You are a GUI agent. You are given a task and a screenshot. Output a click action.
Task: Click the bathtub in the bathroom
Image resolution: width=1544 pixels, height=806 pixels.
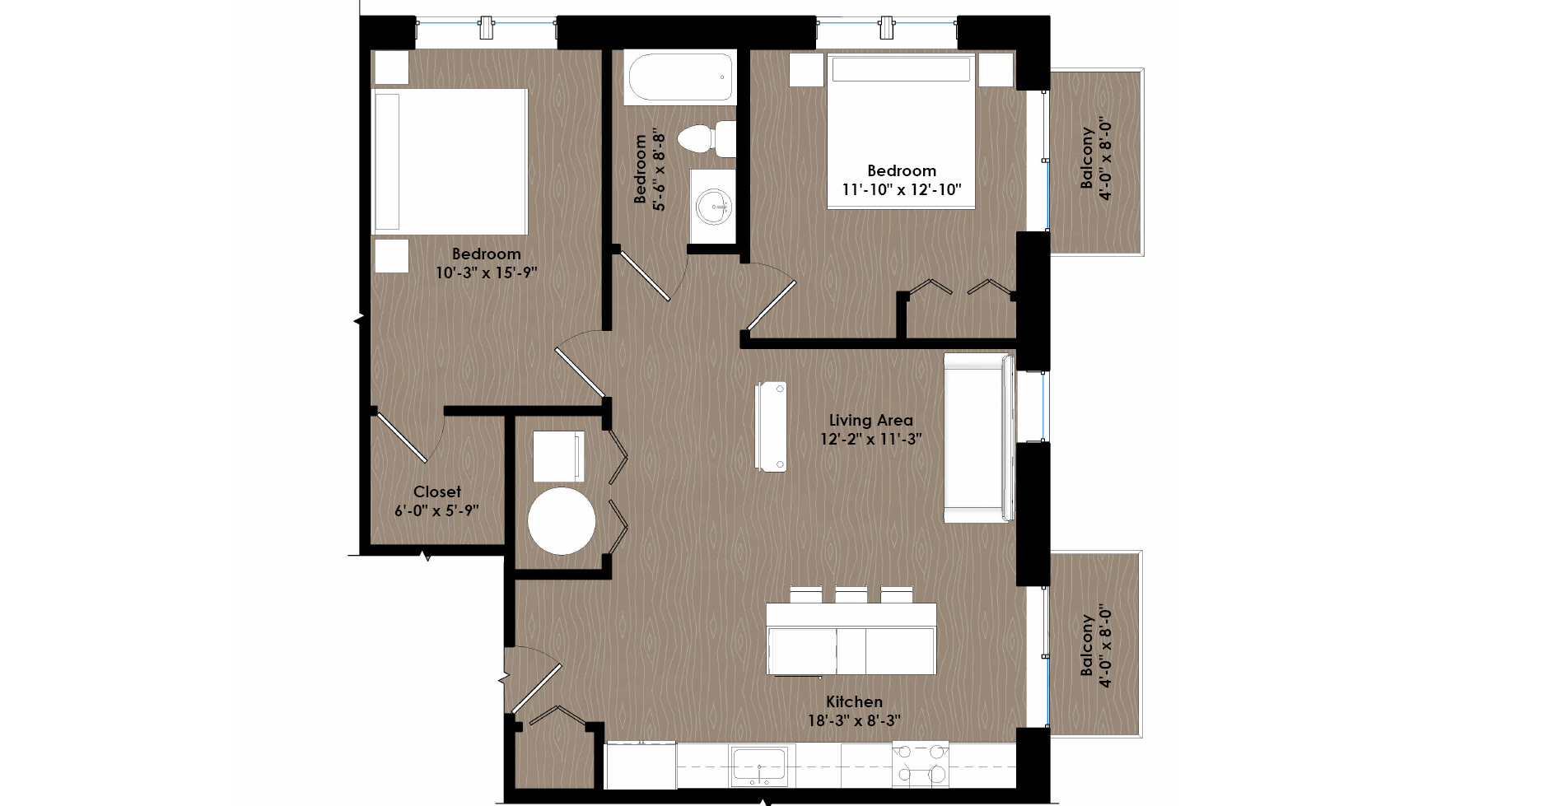coord(680,77)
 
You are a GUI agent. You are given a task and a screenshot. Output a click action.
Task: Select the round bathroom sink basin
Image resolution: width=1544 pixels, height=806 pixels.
coord(712,207)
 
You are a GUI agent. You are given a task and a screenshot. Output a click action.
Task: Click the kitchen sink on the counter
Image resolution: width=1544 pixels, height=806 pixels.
coord(758,766)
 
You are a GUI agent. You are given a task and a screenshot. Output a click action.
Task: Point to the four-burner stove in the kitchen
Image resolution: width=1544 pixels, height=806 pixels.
coord(920,764)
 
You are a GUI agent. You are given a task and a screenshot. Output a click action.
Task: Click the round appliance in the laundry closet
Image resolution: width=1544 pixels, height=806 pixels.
coord(562,521)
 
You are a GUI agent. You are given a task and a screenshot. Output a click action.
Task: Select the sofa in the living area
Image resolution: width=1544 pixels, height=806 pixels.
coord(979,437)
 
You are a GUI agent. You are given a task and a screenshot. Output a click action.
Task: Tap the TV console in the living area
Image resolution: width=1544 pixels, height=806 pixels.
coord(771,426)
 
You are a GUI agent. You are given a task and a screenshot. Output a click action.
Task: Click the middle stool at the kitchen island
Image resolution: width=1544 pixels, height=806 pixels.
coord(851,594)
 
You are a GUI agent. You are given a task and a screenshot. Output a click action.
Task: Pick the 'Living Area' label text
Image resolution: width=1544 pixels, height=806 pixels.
coord(870,420)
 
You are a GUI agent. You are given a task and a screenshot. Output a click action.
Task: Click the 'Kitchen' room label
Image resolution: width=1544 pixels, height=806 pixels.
coord(854,701)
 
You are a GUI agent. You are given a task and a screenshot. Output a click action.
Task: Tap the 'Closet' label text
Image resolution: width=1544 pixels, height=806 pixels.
coord(437,492)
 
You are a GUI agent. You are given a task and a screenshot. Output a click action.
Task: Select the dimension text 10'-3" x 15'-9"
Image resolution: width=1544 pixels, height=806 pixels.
coord(487,273)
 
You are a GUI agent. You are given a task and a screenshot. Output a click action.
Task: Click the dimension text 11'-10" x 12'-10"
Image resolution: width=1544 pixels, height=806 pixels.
coord(902,189)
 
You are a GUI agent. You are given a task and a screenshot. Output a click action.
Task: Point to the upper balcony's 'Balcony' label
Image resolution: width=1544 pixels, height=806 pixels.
coord(1087,157)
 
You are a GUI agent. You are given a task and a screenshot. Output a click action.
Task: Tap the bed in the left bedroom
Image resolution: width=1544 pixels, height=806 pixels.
coord(450,161)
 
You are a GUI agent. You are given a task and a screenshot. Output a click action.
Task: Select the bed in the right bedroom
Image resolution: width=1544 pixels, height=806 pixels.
coord(901,131)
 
